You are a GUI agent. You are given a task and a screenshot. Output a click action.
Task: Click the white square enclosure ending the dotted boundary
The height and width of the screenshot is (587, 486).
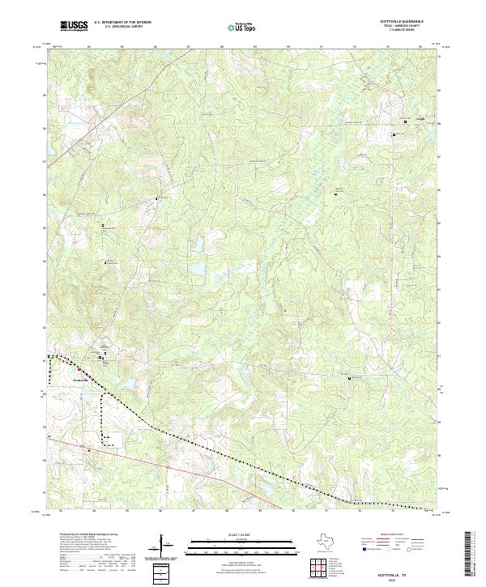point(113,440)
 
